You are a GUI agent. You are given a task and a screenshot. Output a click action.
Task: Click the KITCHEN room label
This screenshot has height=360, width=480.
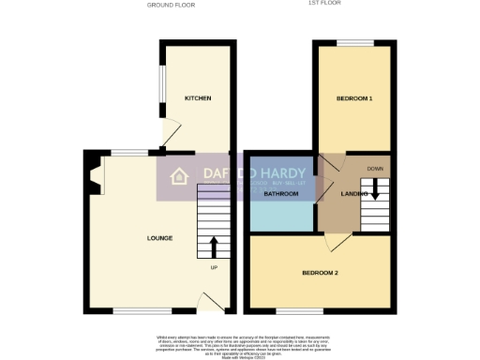point(197,98)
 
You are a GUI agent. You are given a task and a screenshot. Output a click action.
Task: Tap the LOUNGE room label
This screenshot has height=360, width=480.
point(159,238)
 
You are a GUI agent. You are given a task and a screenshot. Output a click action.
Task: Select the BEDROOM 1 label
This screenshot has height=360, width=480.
point(354,98)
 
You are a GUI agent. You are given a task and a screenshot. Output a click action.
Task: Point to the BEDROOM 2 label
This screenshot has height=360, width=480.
point(319,273)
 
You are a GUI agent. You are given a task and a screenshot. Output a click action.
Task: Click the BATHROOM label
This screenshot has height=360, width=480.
point(280,194)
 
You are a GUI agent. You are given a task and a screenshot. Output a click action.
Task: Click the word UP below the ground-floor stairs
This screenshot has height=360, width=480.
point(213,269)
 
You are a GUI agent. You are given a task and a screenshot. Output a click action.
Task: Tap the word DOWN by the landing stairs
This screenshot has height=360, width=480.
point(375,169)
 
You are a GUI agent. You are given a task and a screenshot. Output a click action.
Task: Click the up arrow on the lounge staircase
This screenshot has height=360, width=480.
point(213,247)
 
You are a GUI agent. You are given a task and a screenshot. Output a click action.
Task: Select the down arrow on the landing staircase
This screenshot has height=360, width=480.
point(375,187)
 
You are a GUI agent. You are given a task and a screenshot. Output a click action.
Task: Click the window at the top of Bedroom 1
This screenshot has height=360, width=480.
point(354,43)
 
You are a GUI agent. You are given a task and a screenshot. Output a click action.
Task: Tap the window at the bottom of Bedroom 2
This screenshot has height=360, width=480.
point(299,310)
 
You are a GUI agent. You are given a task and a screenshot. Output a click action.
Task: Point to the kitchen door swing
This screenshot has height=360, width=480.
point(169,132)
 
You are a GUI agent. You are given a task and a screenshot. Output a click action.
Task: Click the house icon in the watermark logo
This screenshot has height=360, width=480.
point(179,178)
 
